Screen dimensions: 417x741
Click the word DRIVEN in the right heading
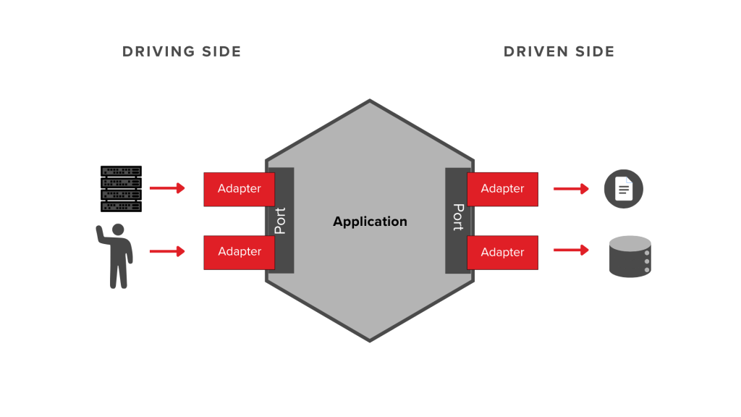pos(533,51)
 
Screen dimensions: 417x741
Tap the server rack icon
pos(121,188)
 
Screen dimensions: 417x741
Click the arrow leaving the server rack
pos(167,188)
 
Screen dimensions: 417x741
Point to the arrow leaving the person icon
pos(167,251)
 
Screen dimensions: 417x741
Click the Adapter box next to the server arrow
pos(240,189)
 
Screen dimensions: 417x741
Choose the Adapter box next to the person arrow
pos(240,252)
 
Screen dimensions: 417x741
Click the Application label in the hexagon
pos(370,222)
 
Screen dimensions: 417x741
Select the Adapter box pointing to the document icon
pos(502,189)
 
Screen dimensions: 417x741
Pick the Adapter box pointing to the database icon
pos(502,252)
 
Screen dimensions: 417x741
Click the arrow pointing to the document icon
pos(571,189)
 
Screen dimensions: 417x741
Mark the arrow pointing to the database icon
pos(571,250)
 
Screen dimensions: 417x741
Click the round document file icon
pos(624,190)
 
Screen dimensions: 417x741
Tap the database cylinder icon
pos(630,257)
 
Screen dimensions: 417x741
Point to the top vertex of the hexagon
pos(370,101)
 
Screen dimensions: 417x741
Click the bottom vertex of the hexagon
pos(370,340)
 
